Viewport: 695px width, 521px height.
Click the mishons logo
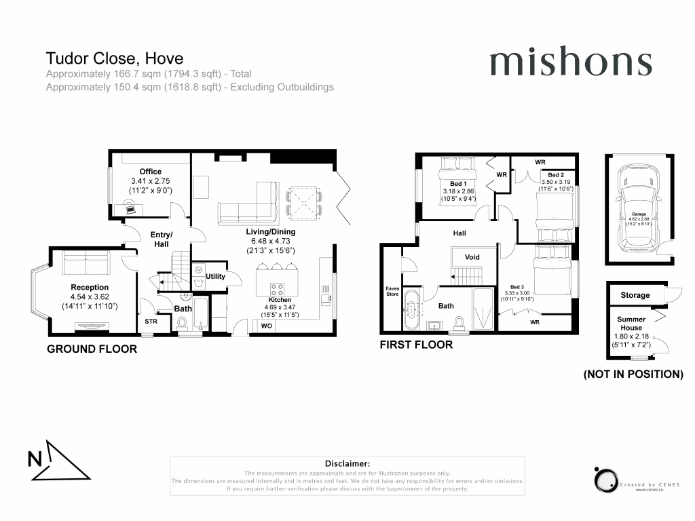coord(570,63)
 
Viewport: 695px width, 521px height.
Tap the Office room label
coord(150,172)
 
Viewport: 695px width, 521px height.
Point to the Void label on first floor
coord(472,258)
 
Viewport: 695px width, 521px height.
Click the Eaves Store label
coord(392,291)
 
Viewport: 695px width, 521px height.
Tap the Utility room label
coord(215,277)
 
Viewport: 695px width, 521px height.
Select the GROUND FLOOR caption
coord(92,349)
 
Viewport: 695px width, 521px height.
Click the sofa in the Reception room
coord(85,261)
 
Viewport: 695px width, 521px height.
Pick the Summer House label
coord(631,324)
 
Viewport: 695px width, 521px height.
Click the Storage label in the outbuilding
coord(635,295)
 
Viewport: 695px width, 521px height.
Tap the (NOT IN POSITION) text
coord(633,374)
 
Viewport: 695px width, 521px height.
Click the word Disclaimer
coord(347,463)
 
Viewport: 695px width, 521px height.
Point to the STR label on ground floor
coord(151,322)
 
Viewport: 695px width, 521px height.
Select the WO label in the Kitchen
coord(265,326)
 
